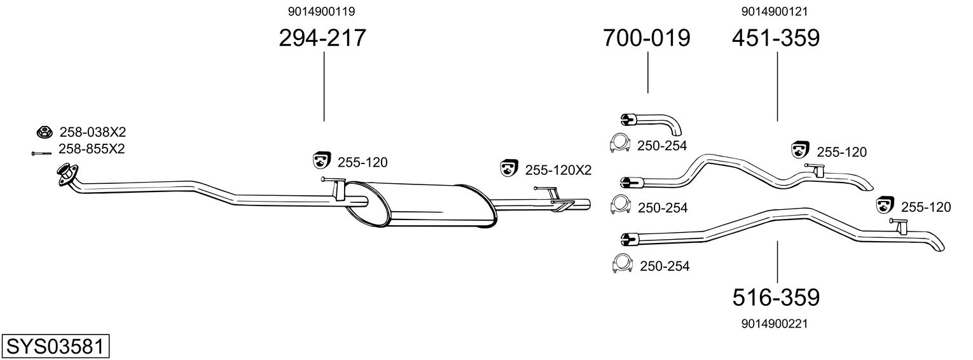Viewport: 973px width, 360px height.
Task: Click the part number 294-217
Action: [x=322, y=38]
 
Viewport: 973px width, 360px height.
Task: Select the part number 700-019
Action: [x=647, y=38]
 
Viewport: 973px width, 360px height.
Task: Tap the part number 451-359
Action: [x=775, y=38]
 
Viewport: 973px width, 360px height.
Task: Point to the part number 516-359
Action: [x=776, y=296]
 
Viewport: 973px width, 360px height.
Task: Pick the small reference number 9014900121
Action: [x=775, y=11]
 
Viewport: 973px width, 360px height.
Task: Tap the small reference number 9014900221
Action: [x=775, y=324]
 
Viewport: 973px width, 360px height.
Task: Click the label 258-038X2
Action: [x=92, y=132]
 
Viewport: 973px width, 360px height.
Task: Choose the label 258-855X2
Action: [x=92, y=149]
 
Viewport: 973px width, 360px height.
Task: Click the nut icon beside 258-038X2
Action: [x=43, y=132]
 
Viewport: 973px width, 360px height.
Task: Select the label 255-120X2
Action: [x=558, y=170]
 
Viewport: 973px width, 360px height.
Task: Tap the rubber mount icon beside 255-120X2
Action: [x=508, y=169]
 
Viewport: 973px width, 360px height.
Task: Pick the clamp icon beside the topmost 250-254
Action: [x=619, y=144]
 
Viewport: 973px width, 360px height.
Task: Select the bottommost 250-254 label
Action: [x=664, y=266]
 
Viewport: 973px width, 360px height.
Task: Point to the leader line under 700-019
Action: [x=648, y=73]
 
